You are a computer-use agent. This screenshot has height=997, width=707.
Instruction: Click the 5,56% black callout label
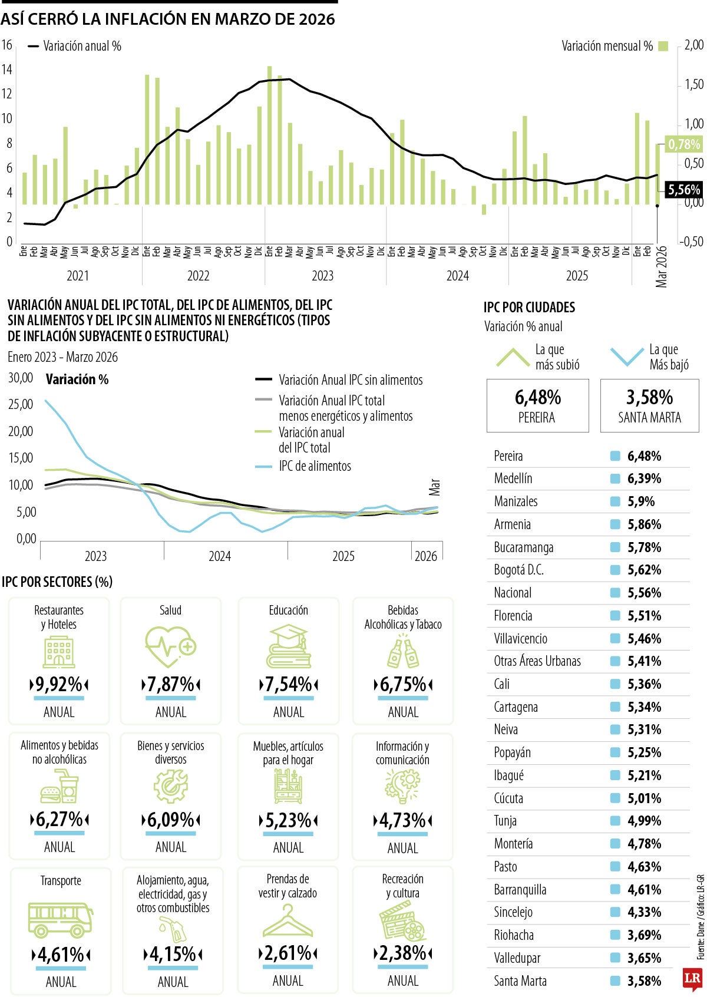(x=683, y=190)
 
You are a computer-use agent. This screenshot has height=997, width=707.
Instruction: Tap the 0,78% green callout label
(x=683, y=144)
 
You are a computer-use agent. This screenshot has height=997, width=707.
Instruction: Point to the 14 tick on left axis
(x=7, y=70)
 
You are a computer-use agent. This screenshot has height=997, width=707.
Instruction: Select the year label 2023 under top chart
(x=322, y=276)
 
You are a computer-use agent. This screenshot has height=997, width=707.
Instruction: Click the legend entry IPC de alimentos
(x=315, y=466)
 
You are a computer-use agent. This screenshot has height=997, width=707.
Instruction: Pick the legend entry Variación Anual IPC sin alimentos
(x=350, y=380)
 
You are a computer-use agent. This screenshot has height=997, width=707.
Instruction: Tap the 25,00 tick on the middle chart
(x=21, y=404)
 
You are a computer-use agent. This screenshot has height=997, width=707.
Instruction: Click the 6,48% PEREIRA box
(x=537, y=405)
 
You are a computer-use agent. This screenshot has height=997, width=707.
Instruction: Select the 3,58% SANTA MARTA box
(x=649, y=405)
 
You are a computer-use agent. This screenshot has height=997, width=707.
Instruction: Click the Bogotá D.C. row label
(x=518, y=570)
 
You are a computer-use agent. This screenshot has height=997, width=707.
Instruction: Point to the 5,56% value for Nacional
(x=644, y=593)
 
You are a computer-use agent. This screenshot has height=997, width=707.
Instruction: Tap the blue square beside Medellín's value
(x=616, y=478)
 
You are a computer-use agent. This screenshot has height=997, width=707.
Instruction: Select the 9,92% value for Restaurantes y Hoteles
(x=59, y=685)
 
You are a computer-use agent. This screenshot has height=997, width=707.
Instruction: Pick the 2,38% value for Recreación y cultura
(x=402, y=953)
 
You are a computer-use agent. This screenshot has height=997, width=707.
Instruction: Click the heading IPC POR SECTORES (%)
(x=57, y=582)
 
